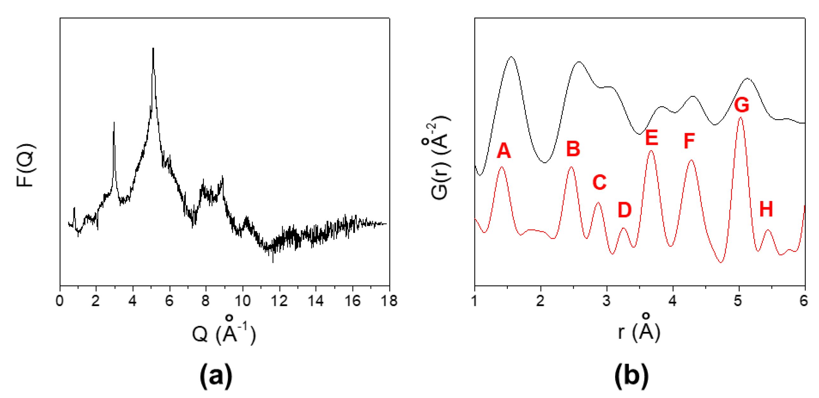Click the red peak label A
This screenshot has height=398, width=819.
pyautogui.click(x=504, y=151)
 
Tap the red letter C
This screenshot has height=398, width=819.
pyautogui.click(x=600, y=182)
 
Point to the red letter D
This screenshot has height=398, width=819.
pyautogui.click(x=625, y=210)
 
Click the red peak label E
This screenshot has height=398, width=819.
pyautogui.click(x=652, y=138)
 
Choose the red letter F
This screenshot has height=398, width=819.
pyautogui.click(x=689, y=141)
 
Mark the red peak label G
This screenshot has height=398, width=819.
pyautogui.click(x=742, y=105)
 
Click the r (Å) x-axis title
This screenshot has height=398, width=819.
pyautogui.click(x=639, y=331)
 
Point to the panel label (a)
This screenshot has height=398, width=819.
pyautogui.click(x=216, y=376)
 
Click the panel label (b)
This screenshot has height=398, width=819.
pyautogui.click(x=631, y=376)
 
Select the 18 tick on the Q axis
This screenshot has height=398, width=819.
pyautogui.click(x=389, y=301)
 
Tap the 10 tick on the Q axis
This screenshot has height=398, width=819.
pyautogui.click(x=243, y=301)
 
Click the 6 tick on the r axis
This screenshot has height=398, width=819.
pyautogui.click(x=804, y=301)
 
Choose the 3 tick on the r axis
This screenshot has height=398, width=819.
pyautogui.click(x=607, y=301)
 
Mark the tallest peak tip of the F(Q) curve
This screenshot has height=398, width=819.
pyautogui.click(x=153, y=48)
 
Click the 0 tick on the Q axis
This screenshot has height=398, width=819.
pyautogui.click(x=60, y=301)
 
